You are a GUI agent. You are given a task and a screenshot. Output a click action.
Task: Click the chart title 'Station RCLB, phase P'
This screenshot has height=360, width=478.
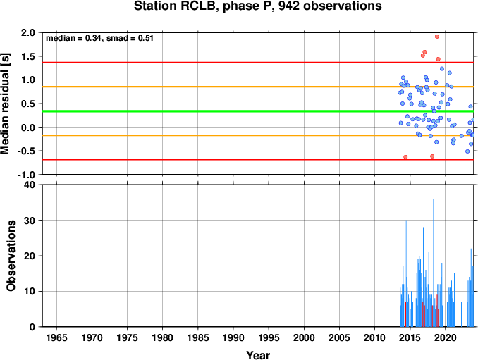[202, 6]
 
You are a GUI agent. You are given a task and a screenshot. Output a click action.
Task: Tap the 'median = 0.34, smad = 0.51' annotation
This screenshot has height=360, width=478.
[99, 38]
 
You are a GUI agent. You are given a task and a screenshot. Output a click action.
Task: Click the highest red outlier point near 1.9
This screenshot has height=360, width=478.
[437, 37]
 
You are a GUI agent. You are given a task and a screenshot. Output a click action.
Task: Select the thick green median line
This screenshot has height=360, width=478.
[258, 111]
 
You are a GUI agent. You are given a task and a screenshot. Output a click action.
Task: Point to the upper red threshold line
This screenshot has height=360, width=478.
[258, 63]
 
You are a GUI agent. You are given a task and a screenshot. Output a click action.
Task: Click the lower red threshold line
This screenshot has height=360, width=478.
[258, 159]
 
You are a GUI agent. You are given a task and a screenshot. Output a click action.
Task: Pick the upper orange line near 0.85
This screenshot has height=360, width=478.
[258, 87]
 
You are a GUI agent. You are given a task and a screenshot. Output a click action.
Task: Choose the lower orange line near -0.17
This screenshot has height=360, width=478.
[258, 135]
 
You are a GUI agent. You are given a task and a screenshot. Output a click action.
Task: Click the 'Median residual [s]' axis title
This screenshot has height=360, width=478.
[5, 104]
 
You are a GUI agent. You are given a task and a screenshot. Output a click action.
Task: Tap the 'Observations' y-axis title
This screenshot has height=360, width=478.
[11, 256]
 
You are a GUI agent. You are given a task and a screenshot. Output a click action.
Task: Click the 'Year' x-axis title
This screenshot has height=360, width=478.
[258, 355]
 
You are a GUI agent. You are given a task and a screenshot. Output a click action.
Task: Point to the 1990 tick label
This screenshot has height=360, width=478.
[233, 337]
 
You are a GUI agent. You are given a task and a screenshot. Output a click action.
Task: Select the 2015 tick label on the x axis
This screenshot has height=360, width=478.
[410, 337]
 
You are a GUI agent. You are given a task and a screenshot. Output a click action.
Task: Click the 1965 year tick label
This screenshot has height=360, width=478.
[56, 337]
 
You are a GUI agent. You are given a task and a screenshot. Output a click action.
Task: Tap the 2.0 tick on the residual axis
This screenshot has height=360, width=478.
[28, 32]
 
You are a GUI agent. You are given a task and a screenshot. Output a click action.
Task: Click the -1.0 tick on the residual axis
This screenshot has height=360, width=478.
[26, 175]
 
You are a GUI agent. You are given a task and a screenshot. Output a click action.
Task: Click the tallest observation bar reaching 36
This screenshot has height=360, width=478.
[434, 263]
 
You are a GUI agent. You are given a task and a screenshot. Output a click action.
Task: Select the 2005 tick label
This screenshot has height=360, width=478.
[339, 337]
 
